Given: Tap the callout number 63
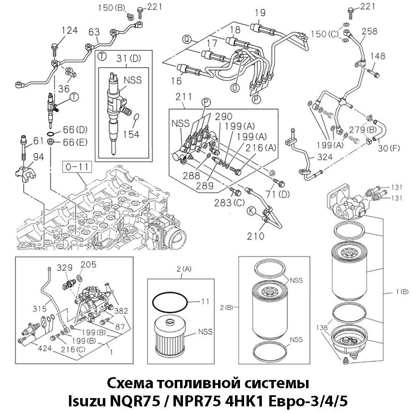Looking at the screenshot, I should [94, 32].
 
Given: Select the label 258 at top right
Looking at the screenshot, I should [369, 31].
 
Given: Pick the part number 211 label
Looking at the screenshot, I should [183, 97].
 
